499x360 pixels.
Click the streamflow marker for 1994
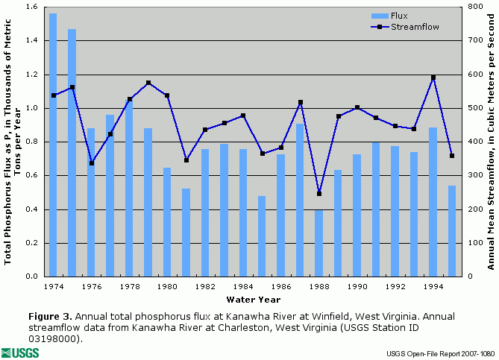[433, 78]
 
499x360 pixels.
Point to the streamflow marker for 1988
[319, 194]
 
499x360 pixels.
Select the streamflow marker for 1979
[148, 83]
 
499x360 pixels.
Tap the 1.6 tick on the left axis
[34, 7]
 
